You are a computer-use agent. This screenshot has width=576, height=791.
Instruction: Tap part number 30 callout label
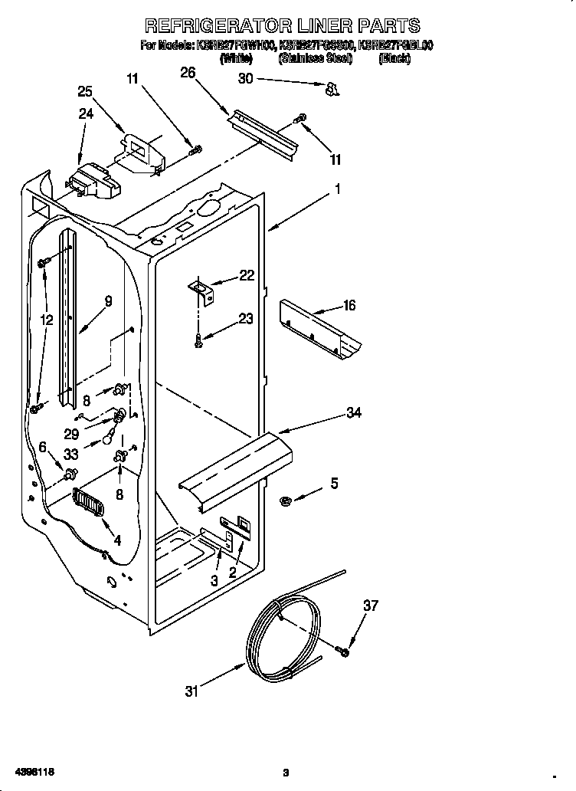tap(245, 78)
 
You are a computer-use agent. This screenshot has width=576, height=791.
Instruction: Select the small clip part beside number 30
tap(331, 90)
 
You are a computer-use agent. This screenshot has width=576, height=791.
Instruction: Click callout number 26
tap(188, 73)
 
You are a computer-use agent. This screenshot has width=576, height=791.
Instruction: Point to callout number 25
tap(86, 92)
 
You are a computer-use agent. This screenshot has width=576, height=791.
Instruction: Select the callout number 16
tap(349, 306)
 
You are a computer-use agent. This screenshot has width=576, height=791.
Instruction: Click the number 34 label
tap(353, 413)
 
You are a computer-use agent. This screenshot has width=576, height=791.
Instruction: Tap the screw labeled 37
tap(342, 652)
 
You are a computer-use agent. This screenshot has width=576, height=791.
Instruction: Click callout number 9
tap(108, 302)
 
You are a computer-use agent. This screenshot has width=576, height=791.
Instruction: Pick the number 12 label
tap(47, 321)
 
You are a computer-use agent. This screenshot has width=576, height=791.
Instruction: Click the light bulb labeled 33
tap(109, 438)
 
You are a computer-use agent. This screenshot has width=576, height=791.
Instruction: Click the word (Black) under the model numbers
tap(394, 59)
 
